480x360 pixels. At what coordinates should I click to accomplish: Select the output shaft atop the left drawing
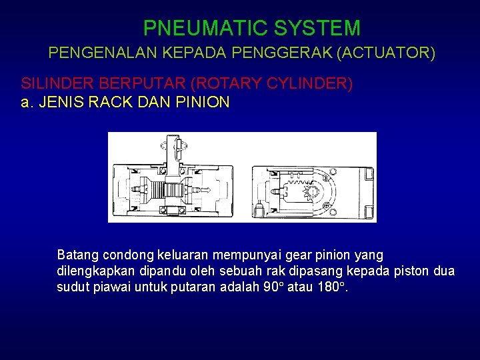pos(176,150)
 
